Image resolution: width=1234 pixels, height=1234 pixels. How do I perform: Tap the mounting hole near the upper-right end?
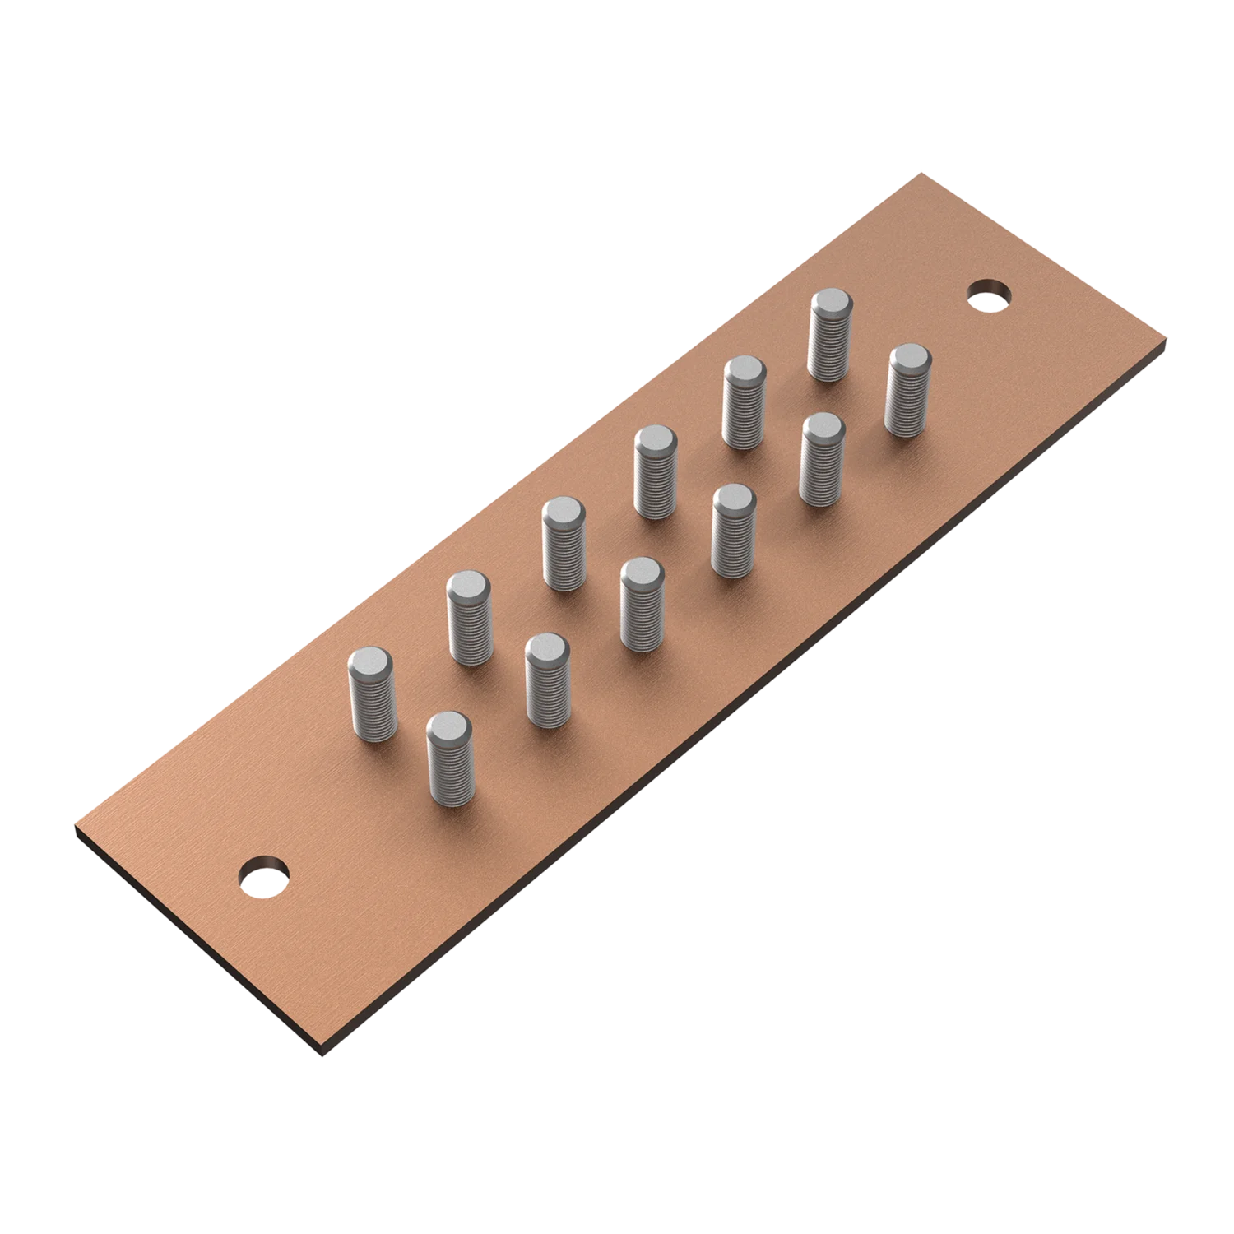pos(989,295)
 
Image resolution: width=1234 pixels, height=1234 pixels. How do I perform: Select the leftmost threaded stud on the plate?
pos(372,695)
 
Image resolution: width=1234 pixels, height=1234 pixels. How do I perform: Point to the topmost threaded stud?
pos(830,336)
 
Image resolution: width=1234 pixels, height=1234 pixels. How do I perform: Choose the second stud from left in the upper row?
pos(469,618)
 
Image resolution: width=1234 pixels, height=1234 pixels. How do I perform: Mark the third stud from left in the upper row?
pos(564,544)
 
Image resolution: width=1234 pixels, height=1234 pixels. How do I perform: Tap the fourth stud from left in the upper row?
pos(656,472)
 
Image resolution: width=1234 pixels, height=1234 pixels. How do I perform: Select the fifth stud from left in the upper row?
pos(745,402)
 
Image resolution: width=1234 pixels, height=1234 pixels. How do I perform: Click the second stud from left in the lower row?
pos(547,680)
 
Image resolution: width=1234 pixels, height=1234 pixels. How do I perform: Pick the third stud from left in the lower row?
pos(642,605)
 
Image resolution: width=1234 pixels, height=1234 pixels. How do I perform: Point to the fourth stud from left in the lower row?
pos(733,531)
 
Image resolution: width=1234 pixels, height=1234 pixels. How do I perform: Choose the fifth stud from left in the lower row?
pos(822,459)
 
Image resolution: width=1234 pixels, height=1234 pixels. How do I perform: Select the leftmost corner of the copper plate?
pos(75,823)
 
